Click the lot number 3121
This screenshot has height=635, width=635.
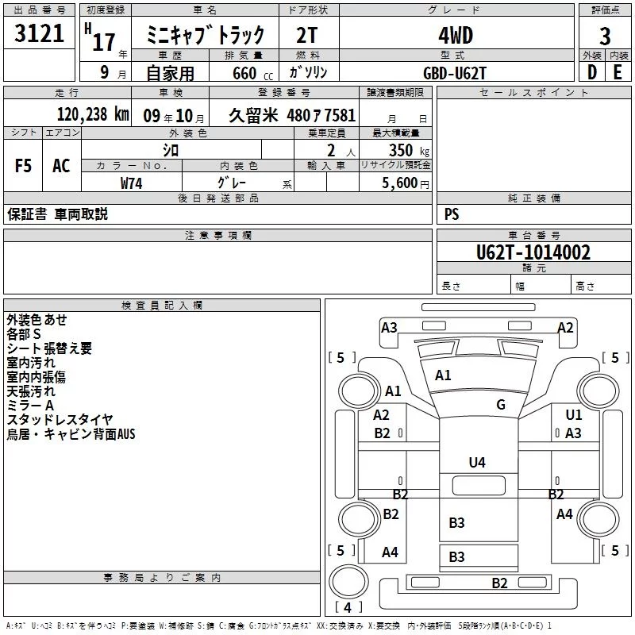[39, 33]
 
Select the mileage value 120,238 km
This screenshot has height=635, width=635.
[93, 114]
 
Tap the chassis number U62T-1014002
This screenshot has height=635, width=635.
[533, 252]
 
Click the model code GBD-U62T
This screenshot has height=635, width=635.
[454, 73]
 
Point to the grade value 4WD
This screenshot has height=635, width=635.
[456, 36]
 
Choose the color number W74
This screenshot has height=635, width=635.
[131, 183]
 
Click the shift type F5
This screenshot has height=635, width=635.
[23, 166]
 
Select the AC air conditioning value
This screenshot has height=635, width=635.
[61, 166]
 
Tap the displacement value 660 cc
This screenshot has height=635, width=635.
[252, 74]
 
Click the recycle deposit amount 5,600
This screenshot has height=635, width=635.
[400, 183]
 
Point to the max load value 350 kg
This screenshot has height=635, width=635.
[409, 150]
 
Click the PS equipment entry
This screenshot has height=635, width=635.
[452, 214]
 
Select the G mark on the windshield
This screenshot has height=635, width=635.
[501, 405]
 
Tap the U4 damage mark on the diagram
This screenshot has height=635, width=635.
[477, 463]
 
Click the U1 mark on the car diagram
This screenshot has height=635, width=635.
[574, 414]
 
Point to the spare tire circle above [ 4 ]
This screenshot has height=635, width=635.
[349, 582]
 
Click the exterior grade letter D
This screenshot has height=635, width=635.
[592, 72]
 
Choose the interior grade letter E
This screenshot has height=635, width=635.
[618, 72]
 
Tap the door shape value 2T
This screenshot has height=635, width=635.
[307, 36]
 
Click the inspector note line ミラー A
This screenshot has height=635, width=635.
[30, 406]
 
